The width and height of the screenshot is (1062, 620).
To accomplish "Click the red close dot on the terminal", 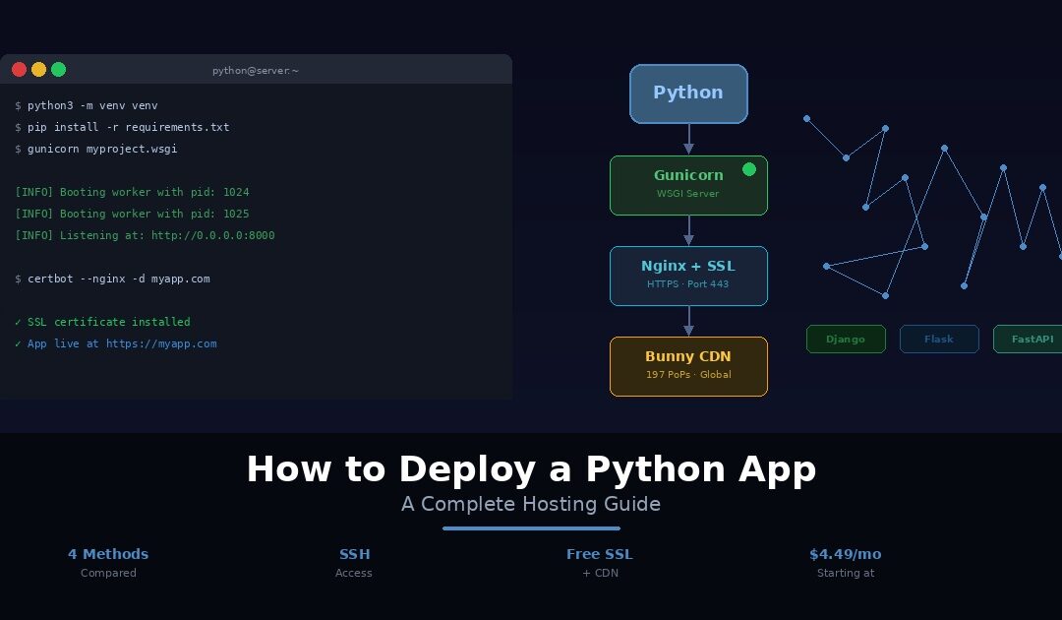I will (19, 69).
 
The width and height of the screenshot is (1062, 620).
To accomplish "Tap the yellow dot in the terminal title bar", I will (38, 69).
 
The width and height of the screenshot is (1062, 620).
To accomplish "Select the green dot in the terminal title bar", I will (58, 69).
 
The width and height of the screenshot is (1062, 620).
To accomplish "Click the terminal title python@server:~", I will (256, 71).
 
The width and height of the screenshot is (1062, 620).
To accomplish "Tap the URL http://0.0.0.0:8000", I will (212, 235).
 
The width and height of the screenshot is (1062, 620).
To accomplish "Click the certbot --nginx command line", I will (118, 279).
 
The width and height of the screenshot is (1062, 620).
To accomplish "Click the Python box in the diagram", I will (688, 93).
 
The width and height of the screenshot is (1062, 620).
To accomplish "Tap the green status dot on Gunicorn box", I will (748, 169).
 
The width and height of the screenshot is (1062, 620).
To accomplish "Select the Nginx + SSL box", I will (688, 276).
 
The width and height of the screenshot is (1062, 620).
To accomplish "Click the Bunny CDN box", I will (688, 366).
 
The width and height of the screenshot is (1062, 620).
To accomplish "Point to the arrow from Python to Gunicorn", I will (688, 139).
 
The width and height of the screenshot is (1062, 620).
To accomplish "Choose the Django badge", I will (846, 339).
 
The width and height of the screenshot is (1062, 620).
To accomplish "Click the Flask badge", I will (939, 339).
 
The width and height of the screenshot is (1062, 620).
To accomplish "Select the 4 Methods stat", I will (108, 554).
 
